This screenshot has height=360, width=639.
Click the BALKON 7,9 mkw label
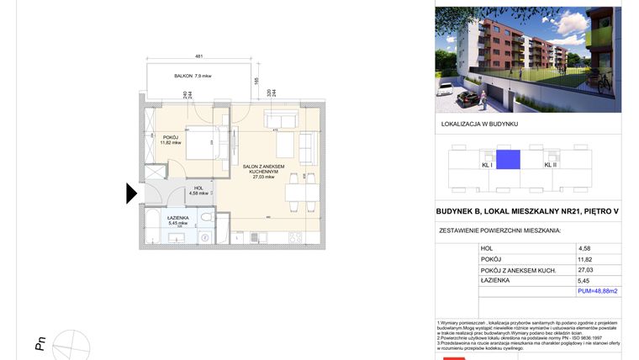coord(193,77)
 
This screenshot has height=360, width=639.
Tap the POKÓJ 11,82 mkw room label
coord(171,140)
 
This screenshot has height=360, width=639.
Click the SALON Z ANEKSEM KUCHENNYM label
coord(264,172)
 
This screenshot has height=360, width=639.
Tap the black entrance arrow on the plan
coord(131,193)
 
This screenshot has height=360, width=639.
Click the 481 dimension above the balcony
coord(199,56)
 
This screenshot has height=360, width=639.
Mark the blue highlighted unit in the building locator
coord(508,160)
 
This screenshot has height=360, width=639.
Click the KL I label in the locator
coord(486,165)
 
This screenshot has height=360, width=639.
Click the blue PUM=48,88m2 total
coord(598,291)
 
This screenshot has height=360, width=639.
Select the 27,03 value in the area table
coord(586,270)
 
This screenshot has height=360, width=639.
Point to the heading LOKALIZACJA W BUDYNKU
coord(479,124)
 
